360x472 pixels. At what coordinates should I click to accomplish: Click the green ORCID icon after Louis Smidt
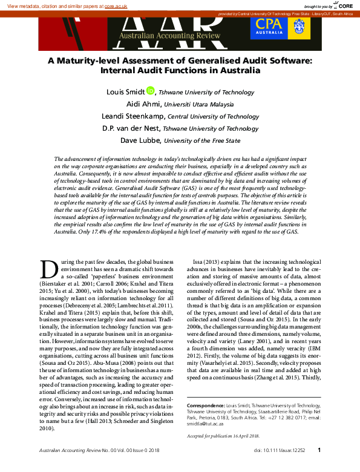(151, 91)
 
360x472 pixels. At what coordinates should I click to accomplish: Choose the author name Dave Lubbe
(140, 140)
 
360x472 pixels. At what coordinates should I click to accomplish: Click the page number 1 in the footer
(319, 450)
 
